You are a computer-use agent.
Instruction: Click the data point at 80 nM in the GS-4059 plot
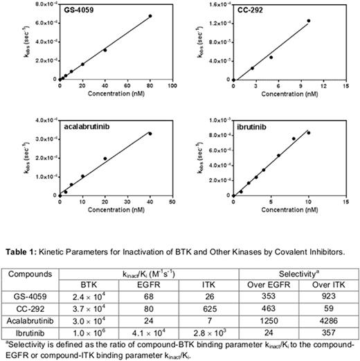pyautogui.click(x=150, y=16)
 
